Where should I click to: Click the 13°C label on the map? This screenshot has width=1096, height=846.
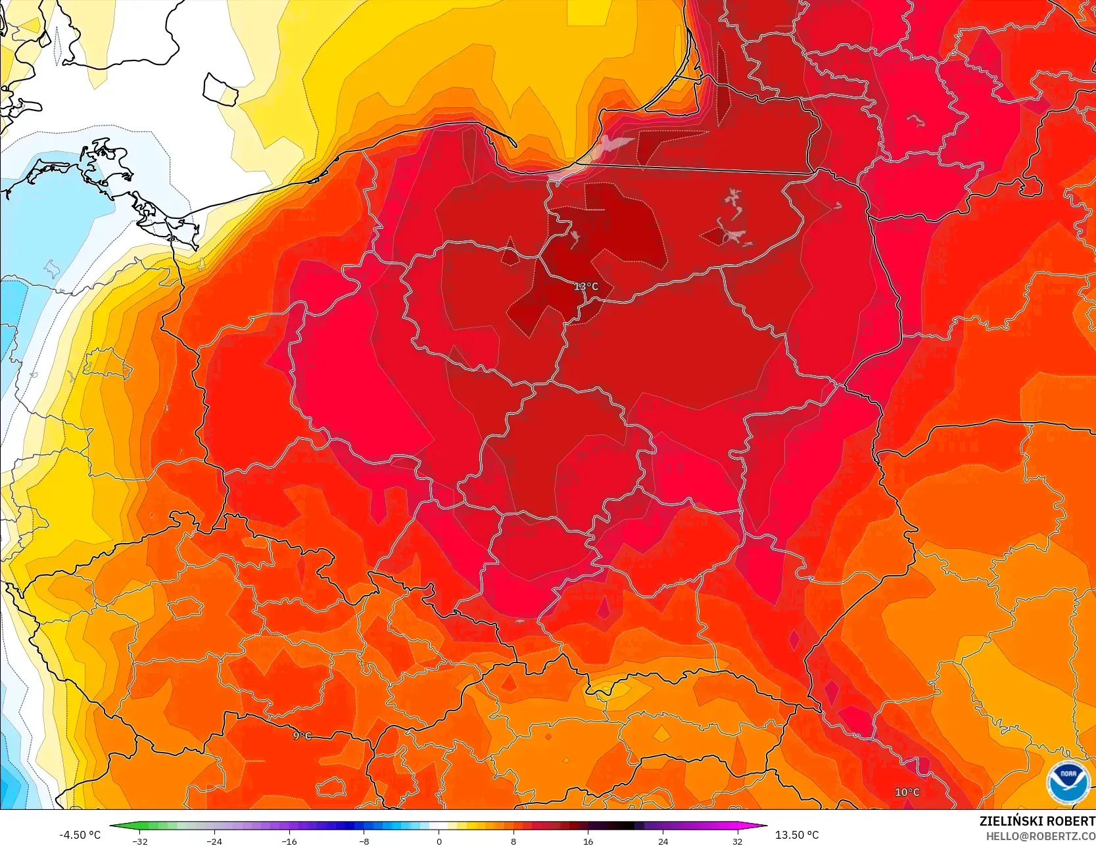(586, 287)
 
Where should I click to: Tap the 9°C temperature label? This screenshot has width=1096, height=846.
(302, 736)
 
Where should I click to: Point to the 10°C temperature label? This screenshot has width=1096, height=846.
(907, 792)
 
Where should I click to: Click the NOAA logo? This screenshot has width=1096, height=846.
(1068, 782)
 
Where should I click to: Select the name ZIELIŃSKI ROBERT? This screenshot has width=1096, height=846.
(1037, 821)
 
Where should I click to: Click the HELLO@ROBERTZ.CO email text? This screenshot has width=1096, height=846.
(1040, 836)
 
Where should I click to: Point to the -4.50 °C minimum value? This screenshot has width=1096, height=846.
(80, 835)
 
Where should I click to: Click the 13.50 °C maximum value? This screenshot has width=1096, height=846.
(797, 835)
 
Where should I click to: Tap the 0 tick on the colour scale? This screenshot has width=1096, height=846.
(439, 841)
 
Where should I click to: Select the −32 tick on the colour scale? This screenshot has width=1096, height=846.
(139, 841)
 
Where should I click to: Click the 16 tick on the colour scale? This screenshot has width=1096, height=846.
(588, 841)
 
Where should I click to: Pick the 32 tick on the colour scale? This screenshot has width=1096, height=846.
(738, 841)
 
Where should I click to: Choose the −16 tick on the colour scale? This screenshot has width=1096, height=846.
(289, 841)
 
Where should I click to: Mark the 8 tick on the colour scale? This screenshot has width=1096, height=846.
(513, 841)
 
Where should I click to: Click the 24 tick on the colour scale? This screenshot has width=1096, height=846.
(663, 841)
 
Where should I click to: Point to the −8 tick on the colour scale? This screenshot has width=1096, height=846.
(364, 841)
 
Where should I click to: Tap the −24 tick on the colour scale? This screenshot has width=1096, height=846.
(214, 841)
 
